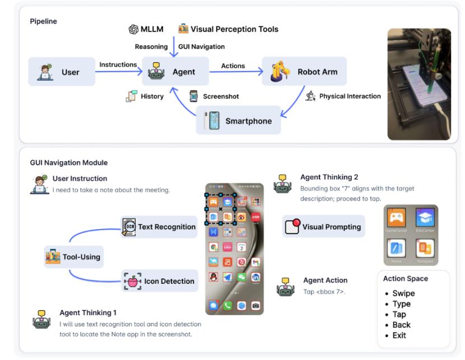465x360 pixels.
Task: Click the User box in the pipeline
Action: click(62, 72)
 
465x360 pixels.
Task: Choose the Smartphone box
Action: click(237, 120)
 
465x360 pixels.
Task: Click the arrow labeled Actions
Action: click(235, 72)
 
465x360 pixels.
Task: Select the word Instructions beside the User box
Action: click(118, 65)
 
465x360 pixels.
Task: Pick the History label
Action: click(152, 96)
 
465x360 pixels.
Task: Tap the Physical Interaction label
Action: click(350, 96)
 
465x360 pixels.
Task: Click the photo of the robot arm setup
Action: click(419, 84)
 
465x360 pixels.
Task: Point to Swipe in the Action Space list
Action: click(403, 293)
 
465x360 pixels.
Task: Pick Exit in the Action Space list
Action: click(399, 335)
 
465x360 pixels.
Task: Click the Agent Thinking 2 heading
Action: click(329, 177)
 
